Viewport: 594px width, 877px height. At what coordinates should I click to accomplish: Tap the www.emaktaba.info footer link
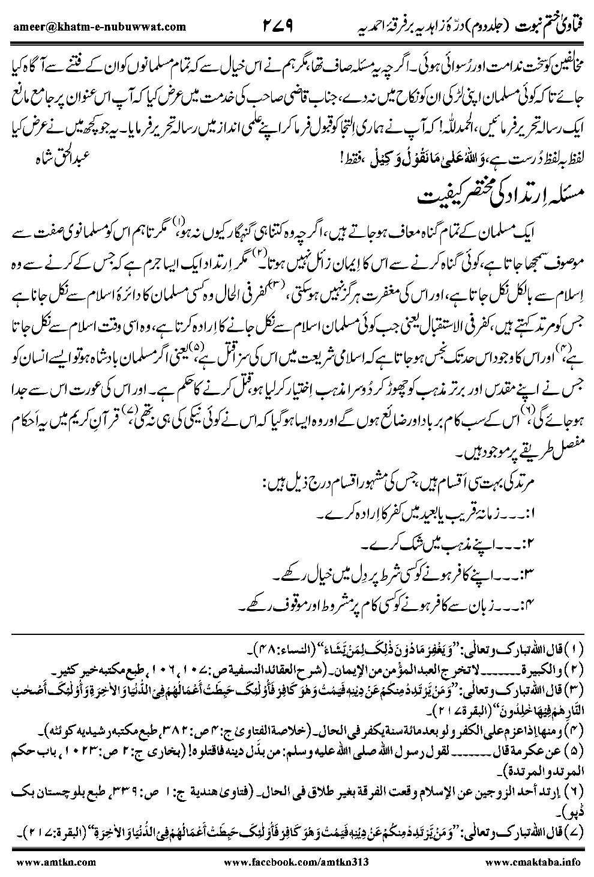[539, 863]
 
